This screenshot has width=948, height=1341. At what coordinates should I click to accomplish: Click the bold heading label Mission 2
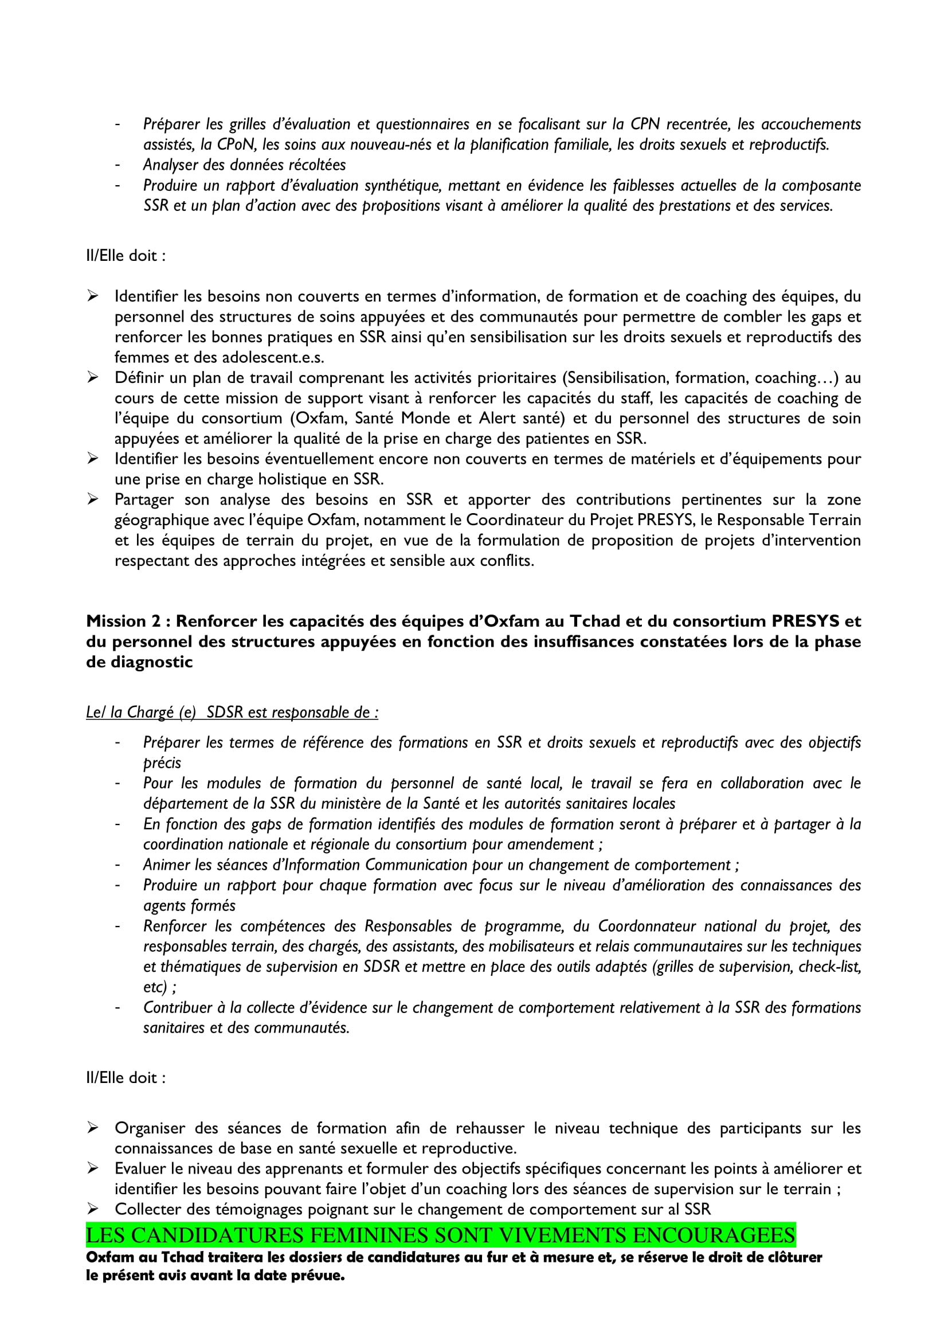click(123, 621)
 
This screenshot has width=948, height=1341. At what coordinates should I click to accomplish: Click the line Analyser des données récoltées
click(245, 165)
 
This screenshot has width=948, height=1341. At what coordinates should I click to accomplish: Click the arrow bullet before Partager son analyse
click(93, 499)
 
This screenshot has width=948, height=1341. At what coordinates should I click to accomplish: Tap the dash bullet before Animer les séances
click(118, 865)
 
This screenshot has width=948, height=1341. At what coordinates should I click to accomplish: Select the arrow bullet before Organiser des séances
click(93, 1128)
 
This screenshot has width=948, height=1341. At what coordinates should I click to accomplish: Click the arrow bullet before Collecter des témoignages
click(93, 1209)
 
